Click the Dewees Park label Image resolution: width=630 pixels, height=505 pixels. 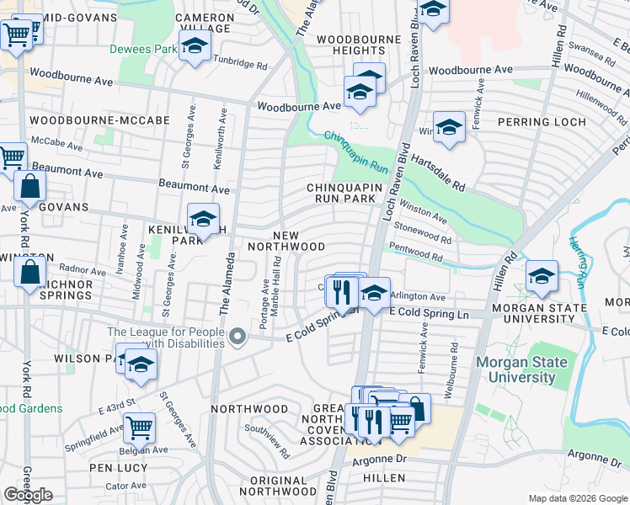(x=142, y=49)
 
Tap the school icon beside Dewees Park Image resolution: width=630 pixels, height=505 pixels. (x=194, y=47)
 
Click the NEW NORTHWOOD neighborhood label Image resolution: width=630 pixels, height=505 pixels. (x=286, y=240)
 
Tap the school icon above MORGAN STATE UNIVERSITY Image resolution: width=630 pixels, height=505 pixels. (x=540, y=276)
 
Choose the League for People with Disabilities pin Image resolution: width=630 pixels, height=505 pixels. (x=238, y=338)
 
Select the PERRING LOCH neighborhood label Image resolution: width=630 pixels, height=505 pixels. (x=553, y=122)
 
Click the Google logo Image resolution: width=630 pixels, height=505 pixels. (x=29, y=495)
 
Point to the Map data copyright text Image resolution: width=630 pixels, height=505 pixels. (x=577, y=498)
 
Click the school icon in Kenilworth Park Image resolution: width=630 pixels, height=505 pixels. (x=202, y=220)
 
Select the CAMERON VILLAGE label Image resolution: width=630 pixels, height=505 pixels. (x=205, y=23)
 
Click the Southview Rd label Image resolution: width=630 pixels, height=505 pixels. (x=268, y=439)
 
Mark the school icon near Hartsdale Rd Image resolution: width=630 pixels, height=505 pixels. (x=449, y=127)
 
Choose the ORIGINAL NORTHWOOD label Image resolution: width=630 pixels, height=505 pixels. (x=272, y=486)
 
